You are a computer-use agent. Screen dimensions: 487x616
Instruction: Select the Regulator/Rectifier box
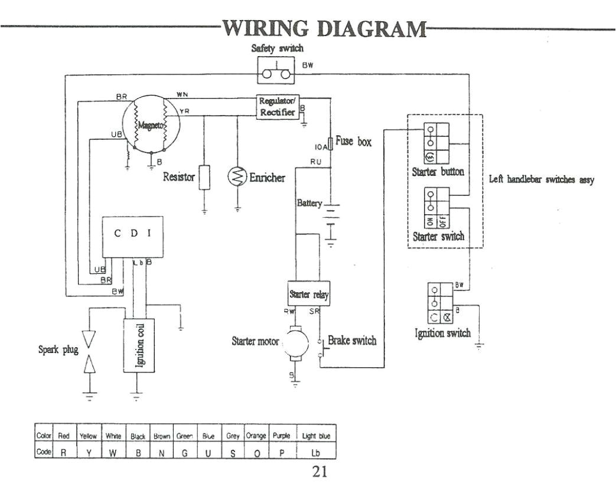pyautogui.click(x=277, y=107)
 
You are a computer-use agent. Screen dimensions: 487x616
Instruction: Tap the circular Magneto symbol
pyautogui.click(x=151, y=125)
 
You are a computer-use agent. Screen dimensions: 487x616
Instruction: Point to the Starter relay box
pyautogui.click(x=308, y=293)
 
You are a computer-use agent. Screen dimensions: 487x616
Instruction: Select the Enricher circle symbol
pyautogui.click(x=237, y=177)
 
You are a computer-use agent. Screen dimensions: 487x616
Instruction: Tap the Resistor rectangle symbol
pyautogui.click(x=204, y=178)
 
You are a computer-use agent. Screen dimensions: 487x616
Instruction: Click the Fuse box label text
pyautogui.click(x=353, y=142)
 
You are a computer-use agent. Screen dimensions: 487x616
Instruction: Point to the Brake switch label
pyautogui.click(x=352, y=341)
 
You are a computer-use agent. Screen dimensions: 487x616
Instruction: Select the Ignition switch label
pyautogui.click(x=442, y=333)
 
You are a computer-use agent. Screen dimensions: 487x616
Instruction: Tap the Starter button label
pyautogui.click(x=438, y=172)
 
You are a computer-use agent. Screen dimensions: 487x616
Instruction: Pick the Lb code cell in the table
pyautogui.click(x=316, y=453)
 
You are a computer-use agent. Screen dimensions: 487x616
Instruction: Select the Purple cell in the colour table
pyautogui.click(x=281, y=436)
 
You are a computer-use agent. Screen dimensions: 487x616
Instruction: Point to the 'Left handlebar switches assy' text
pyautogui.click(x=542, y=179)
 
